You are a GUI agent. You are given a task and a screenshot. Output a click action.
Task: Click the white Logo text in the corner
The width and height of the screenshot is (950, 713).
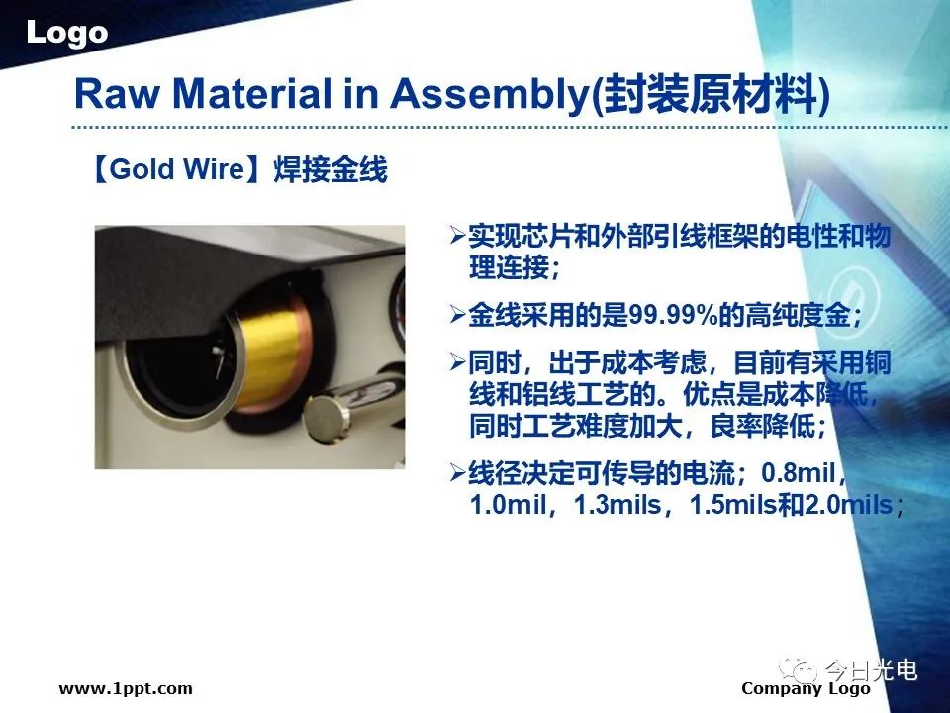coord(66,33)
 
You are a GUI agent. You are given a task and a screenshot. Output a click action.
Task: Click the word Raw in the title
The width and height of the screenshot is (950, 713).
coord(118,95)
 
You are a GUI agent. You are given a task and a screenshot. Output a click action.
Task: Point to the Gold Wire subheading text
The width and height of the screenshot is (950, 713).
coord(177,169)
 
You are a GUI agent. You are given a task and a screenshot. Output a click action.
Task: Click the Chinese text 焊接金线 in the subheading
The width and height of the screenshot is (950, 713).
coord(331,169)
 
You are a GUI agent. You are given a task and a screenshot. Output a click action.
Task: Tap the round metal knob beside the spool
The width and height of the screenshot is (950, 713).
coord(328,418)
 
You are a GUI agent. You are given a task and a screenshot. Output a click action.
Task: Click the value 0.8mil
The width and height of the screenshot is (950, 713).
coord(799,473)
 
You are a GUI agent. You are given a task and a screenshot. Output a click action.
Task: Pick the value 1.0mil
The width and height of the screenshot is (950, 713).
coord(507,504)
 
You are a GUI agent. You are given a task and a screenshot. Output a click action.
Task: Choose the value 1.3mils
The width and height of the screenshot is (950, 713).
coord(617,504)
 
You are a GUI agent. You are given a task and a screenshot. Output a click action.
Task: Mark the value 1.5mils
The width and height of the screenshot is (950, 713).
coord(733,504)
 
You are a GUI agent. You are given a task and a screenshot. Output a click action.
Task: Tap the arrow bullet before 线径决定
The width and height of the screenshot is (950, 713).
coord(457,472)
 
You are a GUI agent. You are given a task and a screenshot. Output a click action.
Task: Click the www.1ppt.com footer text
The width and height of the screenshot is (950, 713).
coord(126,688)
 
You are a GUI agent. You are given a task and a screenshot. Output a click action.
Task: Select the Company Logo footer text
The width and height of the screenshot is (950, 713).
coord(806,689)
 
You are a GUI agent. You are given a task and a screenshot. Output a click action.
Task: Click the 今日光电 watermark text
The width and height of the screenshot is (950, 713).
coord(871,670)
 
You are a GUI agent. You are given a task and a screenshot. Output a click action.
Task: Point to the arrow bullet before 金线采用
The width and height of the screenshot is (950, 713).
coord(457,314)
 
